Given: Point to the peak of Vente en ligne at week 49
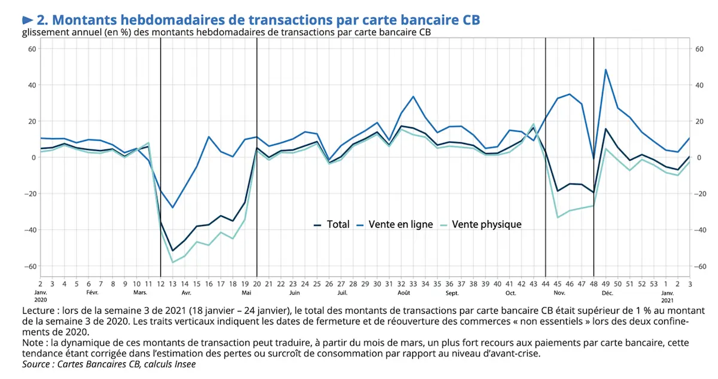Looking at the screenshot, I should coord(606,69).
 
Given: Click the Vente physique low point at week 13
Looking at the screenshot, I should coord(173,262).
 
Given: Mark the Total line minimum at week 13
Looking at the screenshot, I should coord(173,250).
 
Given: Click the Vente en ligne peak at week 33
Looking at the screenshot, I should coord(413,96).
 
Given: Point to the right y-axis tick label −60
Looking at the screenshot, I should coord(698,266).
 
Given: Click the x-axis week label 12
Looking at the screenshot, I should coord(160,283).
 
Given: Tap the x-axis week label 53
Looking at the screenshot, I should coord(654,283).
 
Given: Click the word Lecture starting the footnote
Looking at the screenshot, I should coord(39,311).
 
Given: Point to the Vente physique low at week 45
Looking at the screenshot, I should coord(558,217).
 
